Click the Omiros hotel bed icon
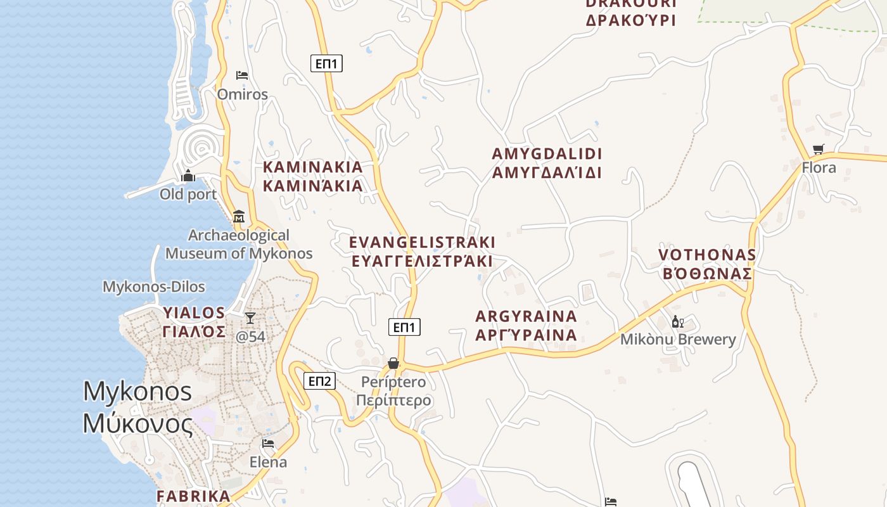coord(241,75)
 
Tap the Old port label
coord(188,194)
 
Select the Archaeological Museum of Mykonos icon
coord(239,217)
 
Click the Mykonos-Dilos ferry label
coord(154,286)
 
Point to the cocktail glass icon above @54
coord(250,318)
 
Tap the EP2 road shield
coord(320,381)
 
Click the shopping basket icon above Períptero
coord(393,363)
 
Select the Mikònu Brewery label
coord(678,339)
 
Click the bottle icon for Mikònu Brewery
coord(677,322)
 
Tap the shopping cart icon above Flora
coord(819,150)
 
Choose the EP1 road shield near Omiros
coord(326,63)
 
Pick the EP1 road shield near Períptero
coord(404,327)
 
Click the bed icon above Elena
coord(268,444)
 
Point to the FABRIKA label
coord(193,496)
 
